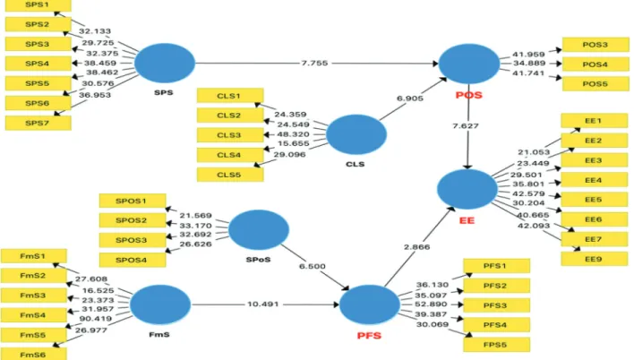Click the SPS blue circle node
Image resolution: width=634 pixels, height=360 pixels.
[x=165, y=63]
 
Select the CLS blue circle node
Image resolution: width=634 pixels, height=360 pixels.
[x=356, y=134]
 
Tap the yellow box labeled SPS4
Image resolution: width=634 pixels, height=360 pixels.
[x=38, y=64]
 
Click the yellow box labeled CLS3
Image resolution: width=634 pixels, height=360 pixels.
[x=230, y=135]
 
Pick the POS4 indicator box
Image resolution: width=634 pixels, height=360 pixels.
[x=595, y=64]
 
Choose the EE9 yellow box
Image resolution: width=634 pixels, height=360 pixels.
[x=594, y=259]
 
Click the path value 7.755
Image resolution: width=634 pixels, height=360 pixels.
[x=314, y=63]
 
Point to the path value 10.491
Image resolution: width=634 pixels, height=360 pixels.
[x=262, y=304]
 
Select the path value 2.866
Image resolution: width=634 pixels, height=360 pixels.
[x=416, y=247]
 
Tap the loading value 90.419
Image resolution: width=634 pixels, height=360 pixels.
[x=96, y=319]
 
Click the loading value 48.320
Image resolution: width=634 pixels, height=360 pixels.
[x=293, y=134]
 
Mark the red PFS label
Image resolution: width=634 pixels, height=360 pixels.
[x=369, y=336]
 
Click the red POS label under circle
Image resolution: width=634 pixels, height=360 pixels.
[x=468, y=95]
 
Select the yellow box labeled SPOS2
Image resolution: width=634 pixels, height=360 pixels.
[x=133, y=220]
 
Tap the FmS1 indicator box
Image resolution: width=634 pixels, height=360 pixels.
[x=33, y=256]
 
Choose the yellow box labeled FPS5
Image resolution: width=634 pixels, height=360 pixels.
[x=496, y=345]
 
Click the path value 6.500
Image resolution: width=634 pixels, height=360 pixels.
[x=313, y=266]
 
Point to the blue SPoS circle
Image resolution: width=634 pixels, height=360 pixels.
[x=259, y=229]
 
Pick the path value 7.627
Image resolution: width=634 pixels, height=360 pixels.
[x=466, y=125]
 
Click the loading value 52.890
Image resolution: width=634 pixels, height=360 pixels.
[x=431, y=304]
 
